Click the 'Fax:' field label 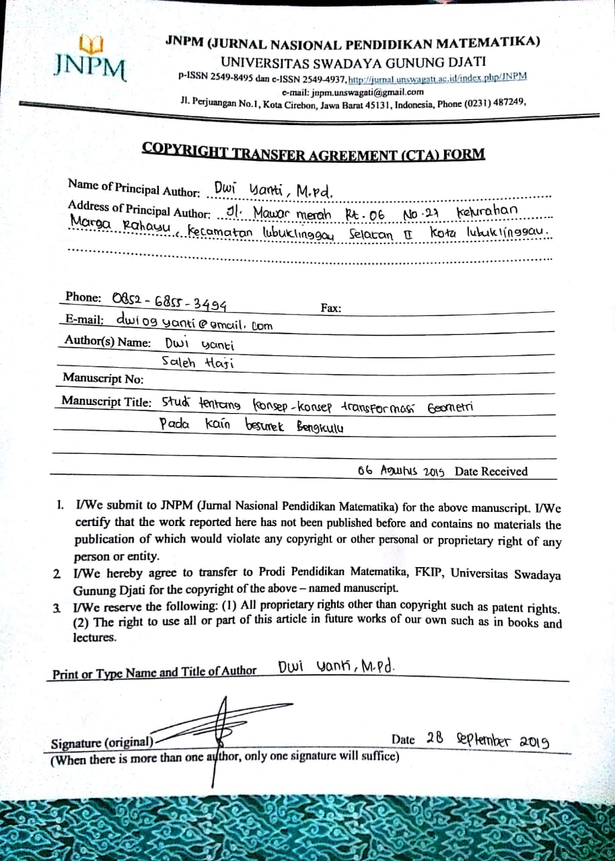coord(331,308)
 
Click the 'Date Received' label coord(491,472)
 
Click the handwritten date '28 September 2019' coord(488,739)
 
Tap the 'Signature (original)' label coord(102,743)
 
